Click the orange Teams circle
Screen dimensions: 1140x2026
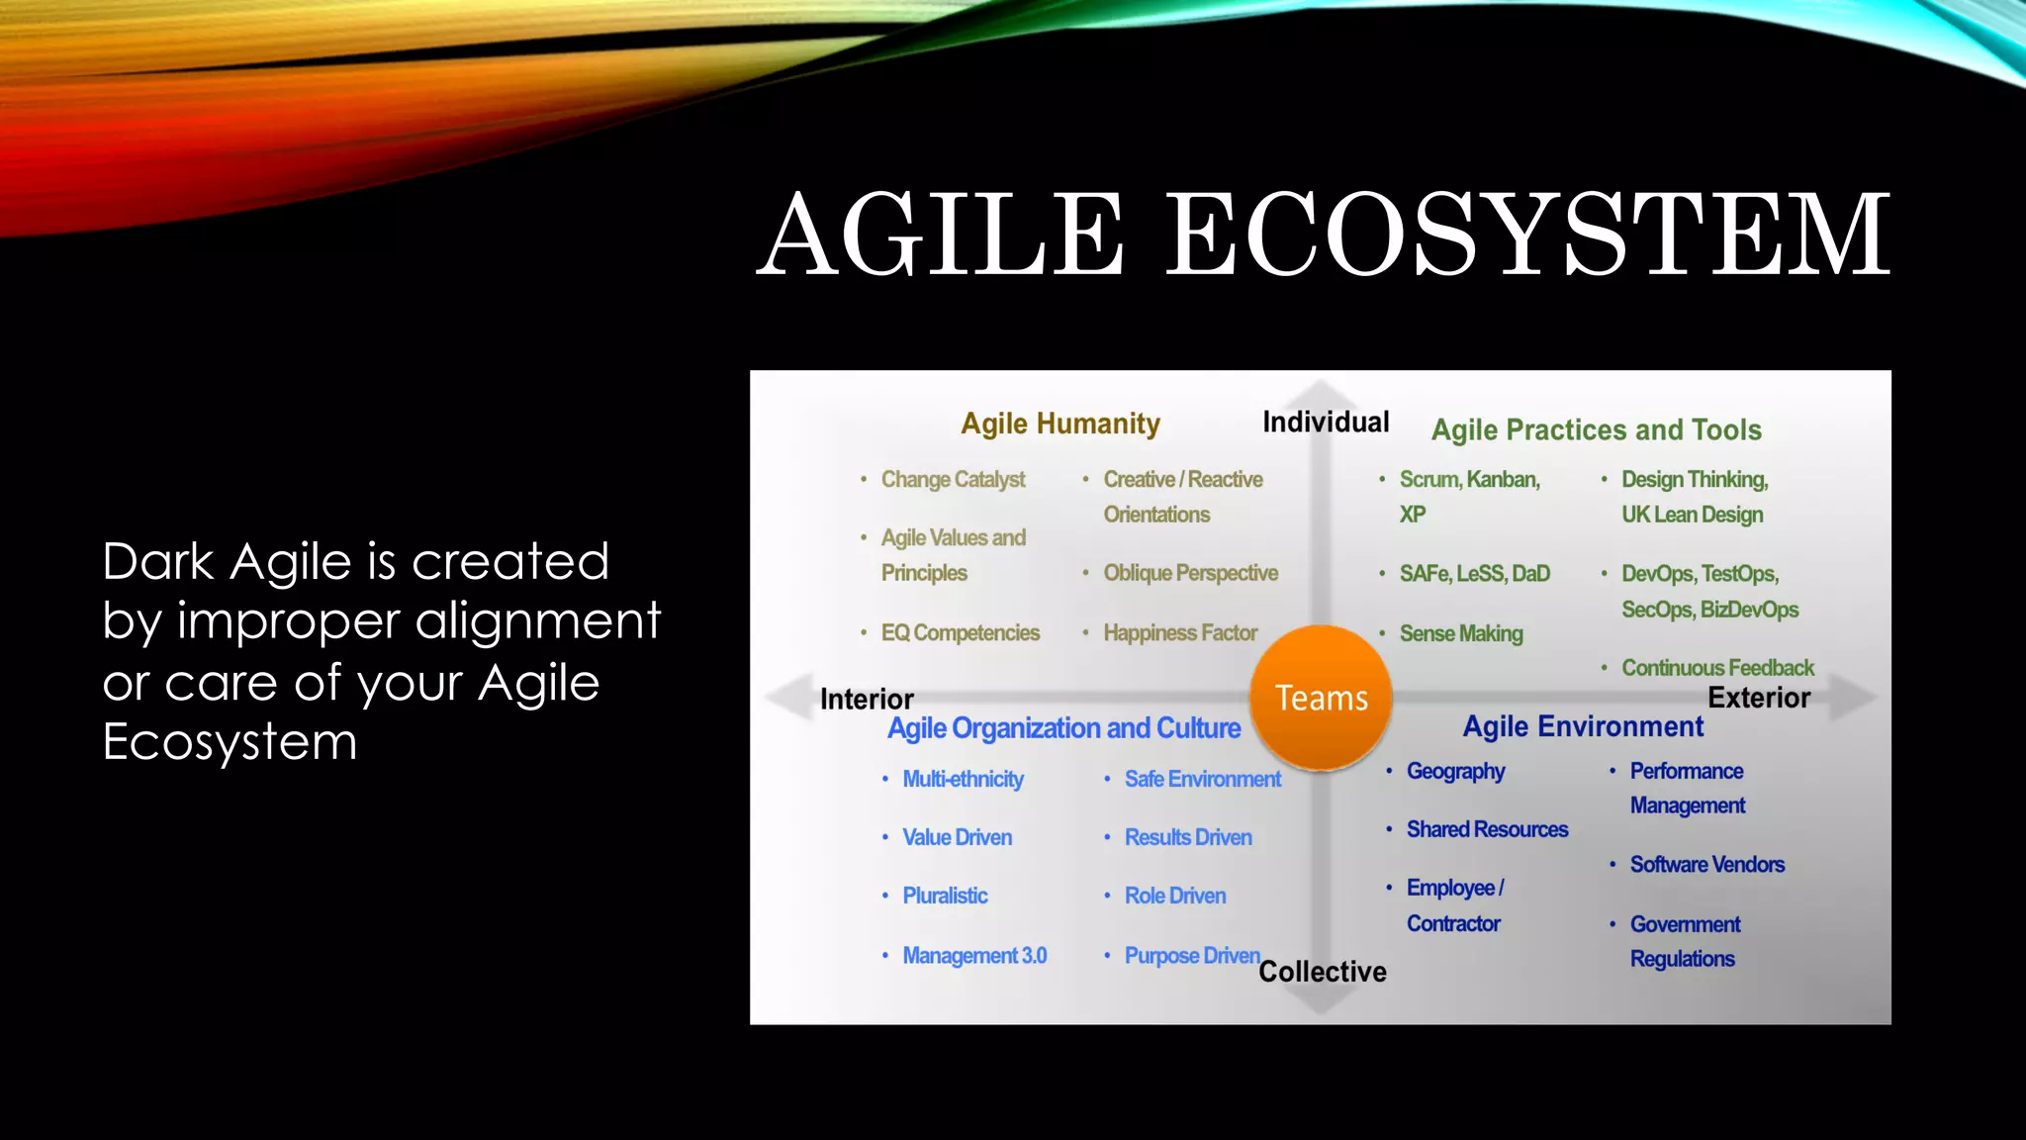1321,698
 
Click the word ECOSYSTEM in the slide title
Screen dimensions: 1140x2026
1528,236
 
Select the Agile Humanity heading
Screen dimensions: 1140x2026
1060,424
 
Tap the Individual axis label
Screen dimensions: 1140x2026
1326,423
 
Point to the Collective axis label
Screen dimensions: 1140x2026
1323,972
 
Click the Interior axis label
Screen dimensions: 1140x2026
867,700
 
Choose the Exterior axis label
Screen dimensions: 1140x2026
1759,698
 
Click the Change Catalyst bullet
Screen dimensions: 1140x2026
953,480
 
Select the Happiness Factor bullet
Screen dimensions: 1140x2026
1180,633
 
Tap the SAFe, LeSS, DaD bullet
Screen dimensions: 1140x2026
1474,574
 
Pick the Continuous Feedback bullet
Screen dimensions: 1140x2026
1717,668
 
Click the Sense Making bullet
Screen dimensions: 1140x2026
1461,633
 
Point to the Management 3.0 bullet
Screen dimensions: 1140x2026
974,956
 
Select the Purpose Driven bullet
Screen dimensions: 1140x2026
1191,956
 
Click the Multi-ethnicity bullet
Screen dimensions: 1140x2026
963,780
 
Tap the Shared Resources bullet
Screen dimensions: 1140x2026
1487,829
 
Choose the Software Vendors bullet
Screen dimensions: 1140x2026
1706,865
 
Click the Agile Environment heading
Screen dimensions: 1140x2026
1583,727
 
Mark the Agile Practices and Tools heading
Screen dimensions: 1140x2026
1597,430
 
